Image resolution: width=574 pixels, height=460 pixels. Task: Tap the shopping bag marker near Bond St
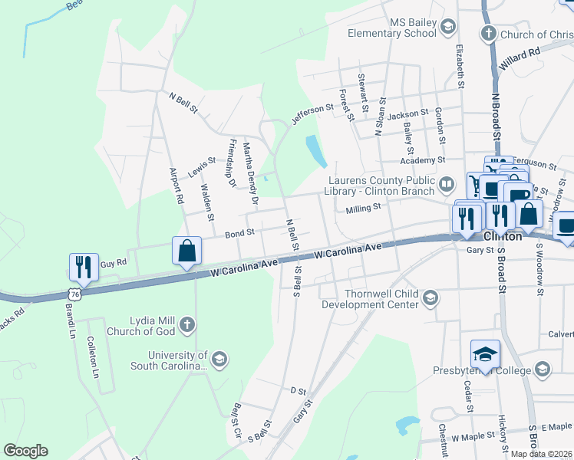187,251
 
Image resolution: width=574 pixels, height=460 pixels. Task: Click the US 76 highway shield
74,294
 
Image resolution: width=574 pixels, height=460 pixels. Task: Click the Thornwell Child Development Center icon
430,297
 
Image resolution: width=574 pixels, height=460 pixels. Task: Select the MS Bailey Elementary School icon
447,28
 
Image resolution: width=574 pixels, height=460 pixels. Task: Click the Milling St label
363,208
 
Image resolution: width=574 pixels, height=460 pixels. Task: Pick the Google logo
26,451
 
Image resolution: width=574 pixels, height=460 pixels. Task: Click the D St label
298,390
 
